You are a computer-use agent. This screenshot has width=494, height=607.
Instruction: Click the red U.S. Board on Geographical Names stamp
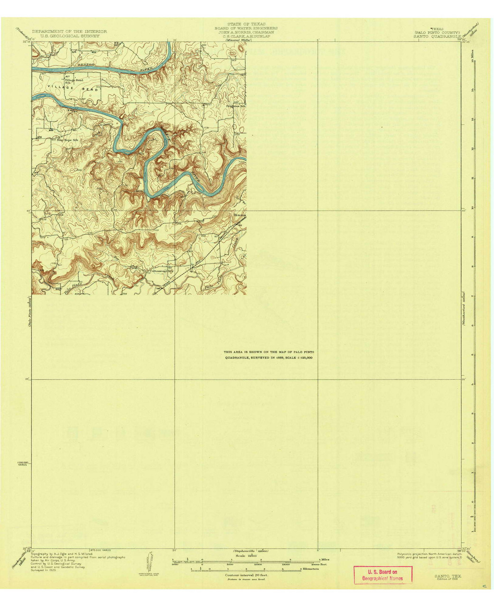[x=382, y=575]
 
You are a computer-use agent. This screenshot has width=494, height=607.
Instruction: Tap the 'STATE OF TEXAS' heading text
[x=246, y=24]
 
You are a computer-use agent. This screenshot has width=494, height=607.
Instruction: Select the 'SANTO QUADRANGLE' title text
[x=437, y=36]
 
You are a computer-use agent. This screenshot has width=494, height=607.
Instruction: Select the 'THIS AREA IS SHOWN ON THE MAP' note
[x=269, y=351]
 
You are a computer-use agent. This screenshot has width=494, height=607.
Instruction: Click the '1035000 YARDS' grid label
[x=23, y=463]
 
